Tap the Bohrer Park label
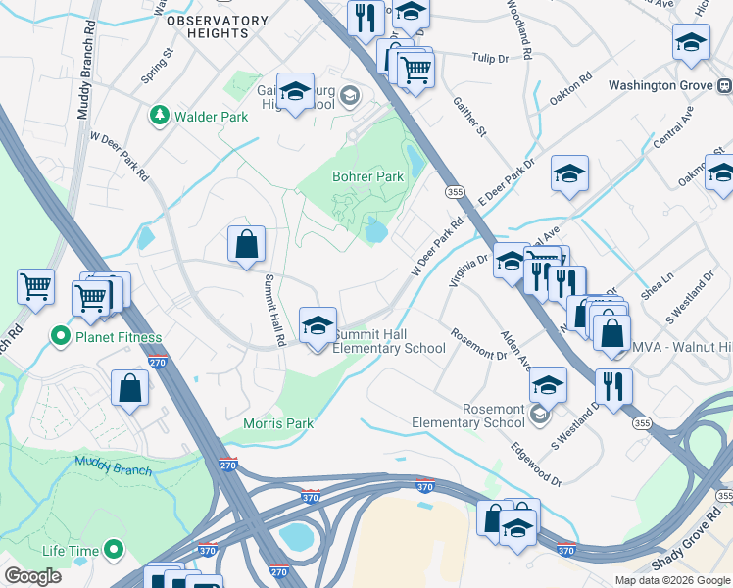point(367,177)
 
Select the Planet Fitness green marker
point(61,337)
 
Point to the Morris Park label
point(278,423)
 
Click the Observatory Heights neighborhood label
point(217,26)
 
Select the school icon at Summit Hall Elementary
point(317,328)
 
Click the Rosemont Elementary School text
point(467,416)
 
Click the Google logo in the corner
point(33,576)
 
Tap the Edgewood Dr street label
point(536,462)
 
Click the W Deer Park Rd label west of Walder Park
point(120,158)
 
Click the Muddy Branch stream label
point(113,466)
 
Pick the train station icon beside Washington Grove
point(724,85)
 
